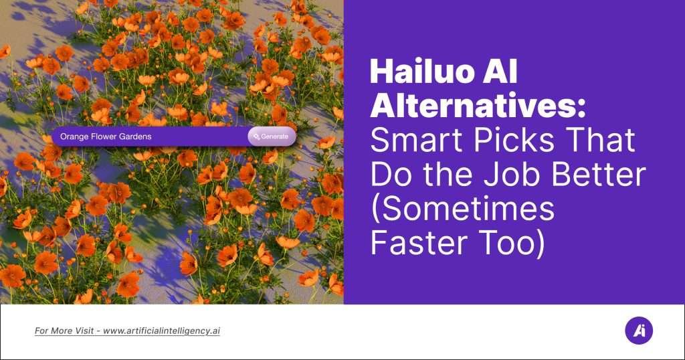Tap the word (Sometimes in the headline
pyautogui.click(x=462, y=210)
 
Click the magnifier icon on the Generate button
pyautogui.click(x=256, y=137)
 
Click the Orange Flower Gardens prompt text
pyautogui.click(x=106, y=137)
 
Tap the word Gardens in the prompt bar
pyautogui.click(x=135, y=137)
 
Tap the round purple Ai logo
pyautogui.click(x=638, y=331)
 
